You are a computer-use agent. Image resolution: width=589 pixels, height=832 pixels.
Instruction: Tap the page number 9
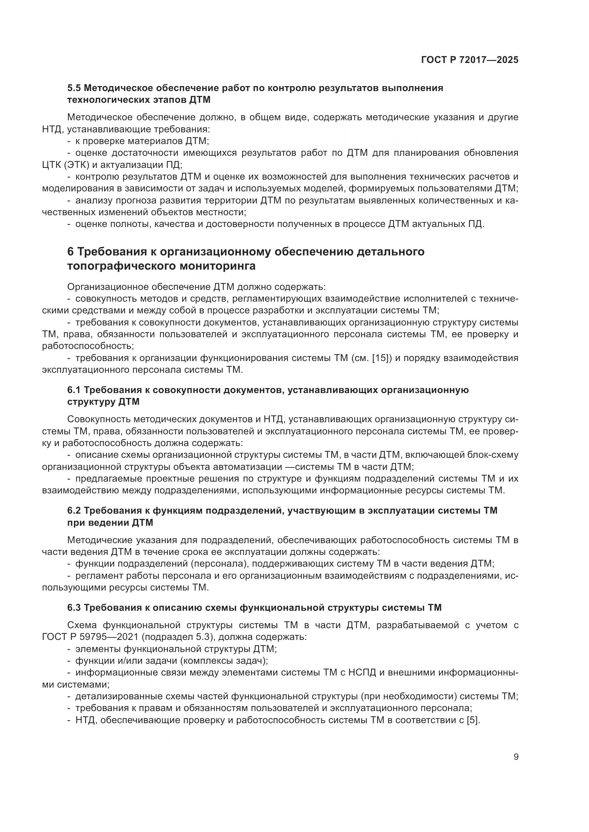point(516,757)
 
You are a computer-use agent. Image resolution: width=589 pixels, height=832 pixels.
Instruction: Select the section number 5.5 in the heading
point(74,88)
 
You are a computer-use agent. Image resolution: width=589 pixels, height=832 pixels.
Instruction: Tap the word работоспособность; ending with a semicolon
point(88,346)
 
